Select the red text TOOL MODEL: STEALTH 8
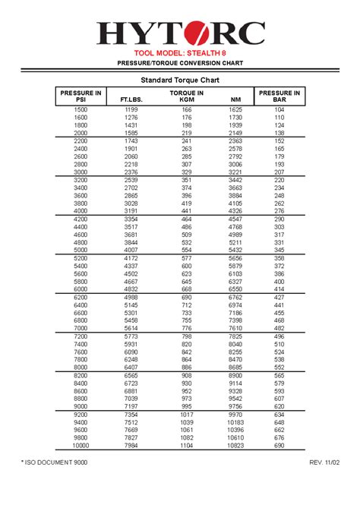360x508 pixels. (180, 53)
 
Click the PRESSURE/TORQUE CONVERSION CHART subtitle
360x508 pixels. (180, 63)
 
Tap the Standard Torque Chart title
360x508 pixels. (180, 80)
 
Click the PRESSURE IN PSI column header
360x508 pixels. (81, 96)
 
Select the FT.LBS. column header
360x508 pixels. (131, 99)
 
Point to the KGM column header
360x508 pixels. (187, 99)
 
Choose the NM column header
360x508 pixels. (236, 99)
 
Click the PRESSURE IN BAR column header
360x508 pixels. (279, 96)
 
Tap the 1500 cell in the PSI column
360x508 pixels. (81, 110)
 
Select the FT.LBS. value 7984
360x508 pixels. (131, 446)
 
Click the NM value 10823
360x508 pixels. (235, 446)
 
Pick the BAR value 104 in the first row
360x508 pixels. (279, 110)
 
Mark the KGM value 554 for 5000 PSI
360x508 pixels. (187, 250)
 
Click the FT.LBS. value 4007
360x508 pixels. (131, 250)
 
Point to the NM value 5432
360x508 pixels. (235, 250)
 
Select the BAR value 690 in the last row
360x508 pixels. (279, 446)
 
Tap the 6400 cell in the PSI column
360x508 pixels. (81, 305)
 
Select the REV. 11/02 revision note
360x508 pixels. (324, 484)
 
